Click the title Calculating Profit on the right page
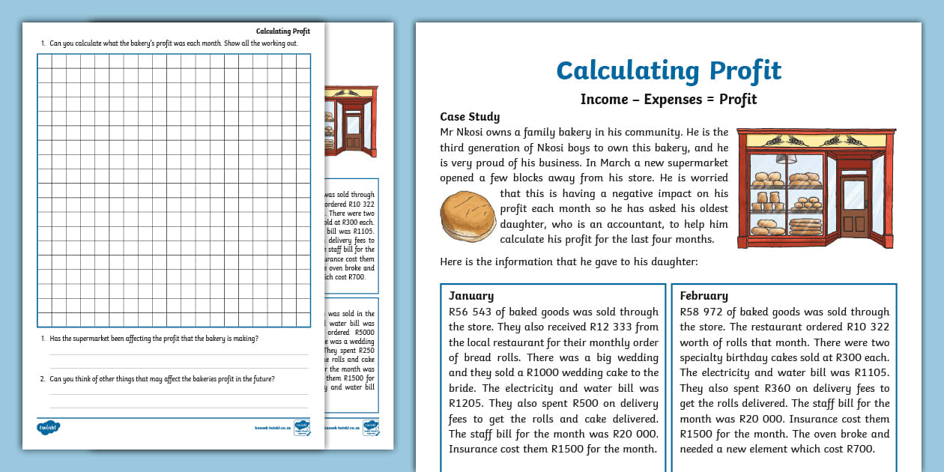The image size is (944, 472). (x=668, y=70)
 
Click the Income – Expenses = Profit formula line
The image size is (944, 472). (x=668, y=100)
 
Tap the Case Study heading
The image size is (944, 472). (x=470, y=117)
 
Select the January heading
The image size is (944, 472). (x=471, y=296)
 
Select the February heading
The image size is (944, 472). (x=704, y=296)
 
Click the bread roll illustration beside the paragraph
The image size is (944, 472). (x=468, y=217)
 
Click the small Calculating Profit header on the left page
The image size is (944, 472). (x=283, y=31)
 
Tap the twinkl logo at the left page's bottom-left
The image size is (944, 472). (x=49, y=427)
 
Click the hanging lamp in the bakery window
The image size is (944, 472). (x=785, y=158)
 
